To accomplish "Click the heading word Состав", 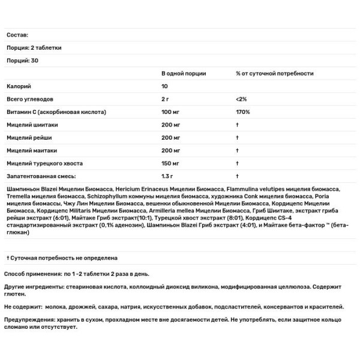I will [x=16, y=35].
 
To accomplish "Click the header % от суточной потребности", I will [x=275, y=73].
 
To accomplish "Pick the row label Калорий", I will [x=19, y=86].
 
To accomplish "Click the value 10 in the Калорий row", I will [x=166, y=86].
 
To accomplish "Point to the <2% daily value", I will [x=242, y=99].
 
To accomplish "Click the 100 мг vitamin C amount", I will [x=172, y=112].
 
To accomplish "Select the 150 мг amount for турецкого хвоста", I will [x=172, y=163].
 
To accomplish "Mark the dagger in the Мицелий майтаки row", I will [x=238, y=151].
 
